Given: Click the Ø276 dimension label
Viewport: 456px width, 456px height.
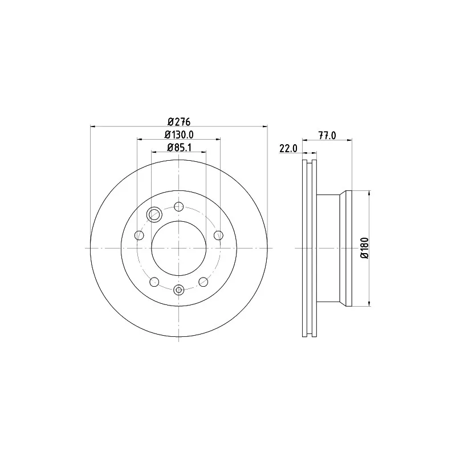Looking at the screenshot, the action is (x=179, y=121).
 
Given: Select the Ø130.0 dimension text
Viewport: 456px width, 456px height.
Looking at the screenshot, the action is (x=179, y=135).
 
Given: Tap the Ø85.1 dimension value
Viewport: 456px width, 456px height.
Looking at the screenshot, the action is (x=179, y=148).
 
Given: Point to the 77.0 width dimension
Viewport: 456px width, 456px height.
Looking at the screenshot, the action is (x=327, y=136).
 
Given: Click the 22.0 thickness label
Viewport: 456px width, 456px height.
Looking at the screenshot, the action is (x=288, y=148).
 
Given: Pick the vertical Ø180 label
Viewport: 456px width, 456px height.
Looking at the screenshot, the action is (x=364, y=248).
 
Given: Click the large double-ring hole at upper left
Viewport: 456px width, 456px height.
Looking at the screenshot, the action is (x=154, y=215).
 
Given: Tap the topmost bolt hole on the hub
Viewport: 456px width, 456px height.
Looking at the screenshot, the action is (x=179, y=207).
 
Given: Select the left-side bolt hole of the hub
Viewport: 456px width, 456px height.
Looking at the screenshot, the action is (x=140, y=235).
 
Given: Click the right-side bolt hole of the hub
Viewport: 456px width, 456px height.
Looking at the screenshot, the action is (x=218, y=235).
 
